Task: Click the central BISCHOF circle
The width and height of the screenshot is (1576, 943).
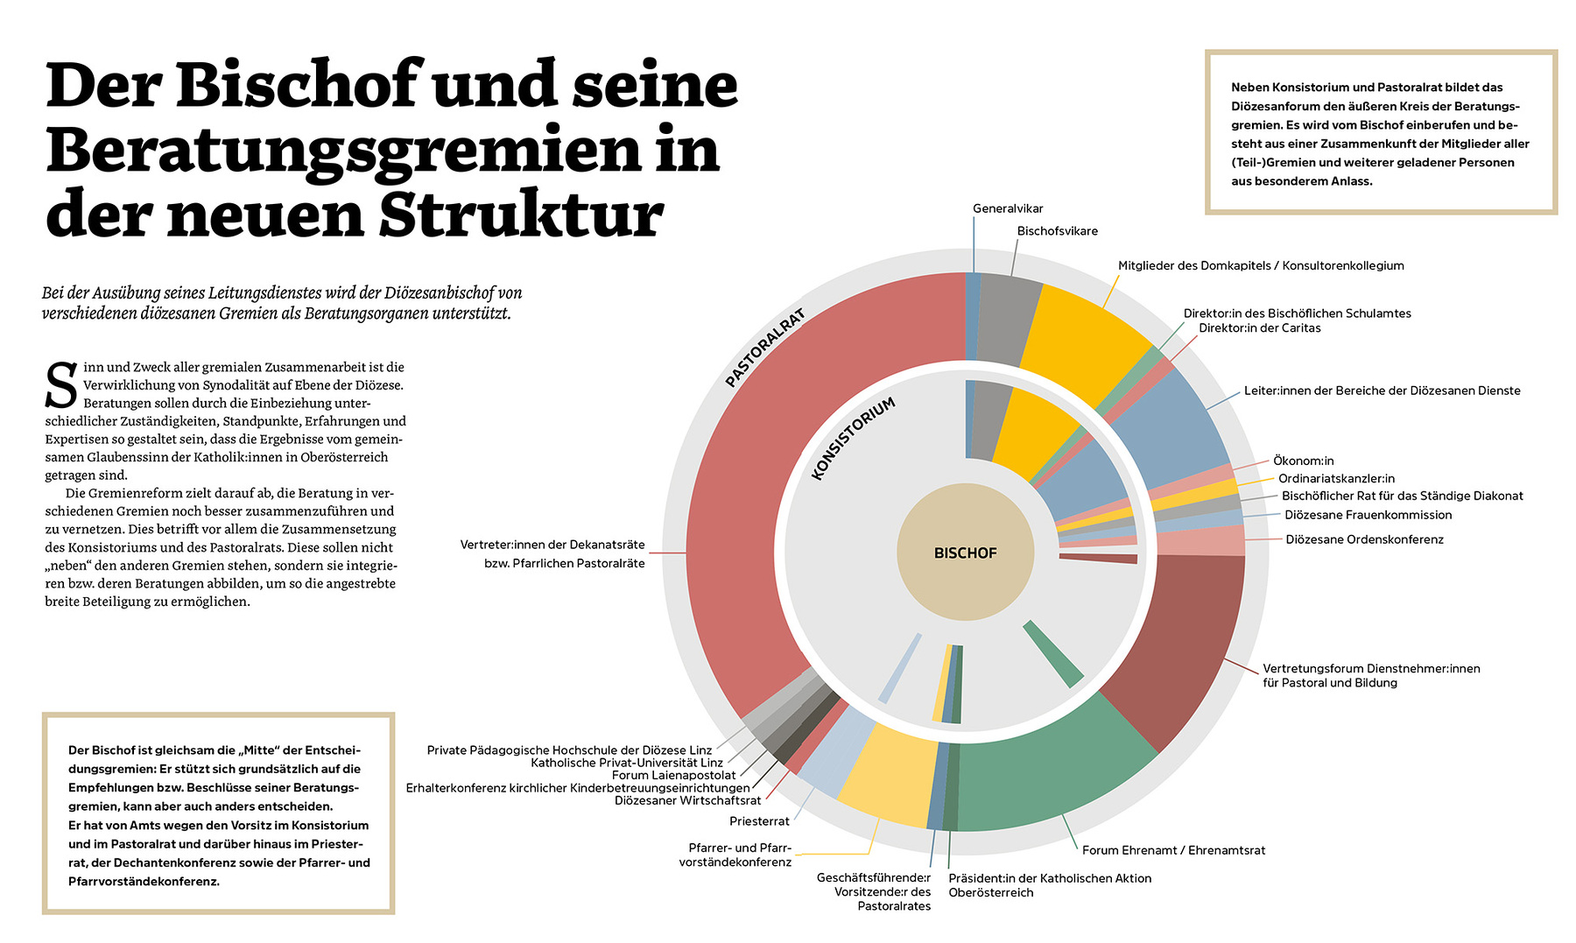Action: point(965,552)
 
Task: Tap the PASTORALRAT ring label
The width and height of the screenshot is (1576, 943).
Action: point(764,348)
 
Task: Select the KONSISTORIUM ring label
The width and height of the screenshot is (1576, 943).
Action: point(853,438)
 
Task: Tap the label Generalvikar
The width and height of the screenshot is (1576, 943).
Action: point(1008,208)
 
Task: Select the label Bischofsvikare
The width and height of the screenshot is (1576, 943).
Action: point(1057,231)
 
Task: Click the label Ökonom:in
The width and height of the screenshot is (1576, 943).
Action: point(1303,461)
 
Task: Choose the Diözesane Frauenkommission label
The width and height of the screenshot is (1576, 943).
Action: point(1368,515)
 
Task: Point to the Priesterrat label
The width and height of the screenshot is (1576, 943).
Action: point(759,821)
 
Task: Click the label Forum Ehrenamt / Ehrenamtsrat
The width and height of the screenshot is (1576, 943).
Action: point(1173,850)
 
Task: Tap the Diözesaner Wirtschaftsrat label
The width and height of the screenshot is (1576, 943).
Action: point(687,800)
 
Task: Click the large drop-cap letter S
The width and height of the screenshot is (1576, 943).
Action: point(61,386)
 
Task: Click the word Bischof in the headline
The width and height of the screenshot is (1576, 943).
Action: point(298,85)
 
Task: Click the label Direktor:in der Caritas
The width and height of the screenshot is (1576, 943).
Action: point(1259,328)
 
